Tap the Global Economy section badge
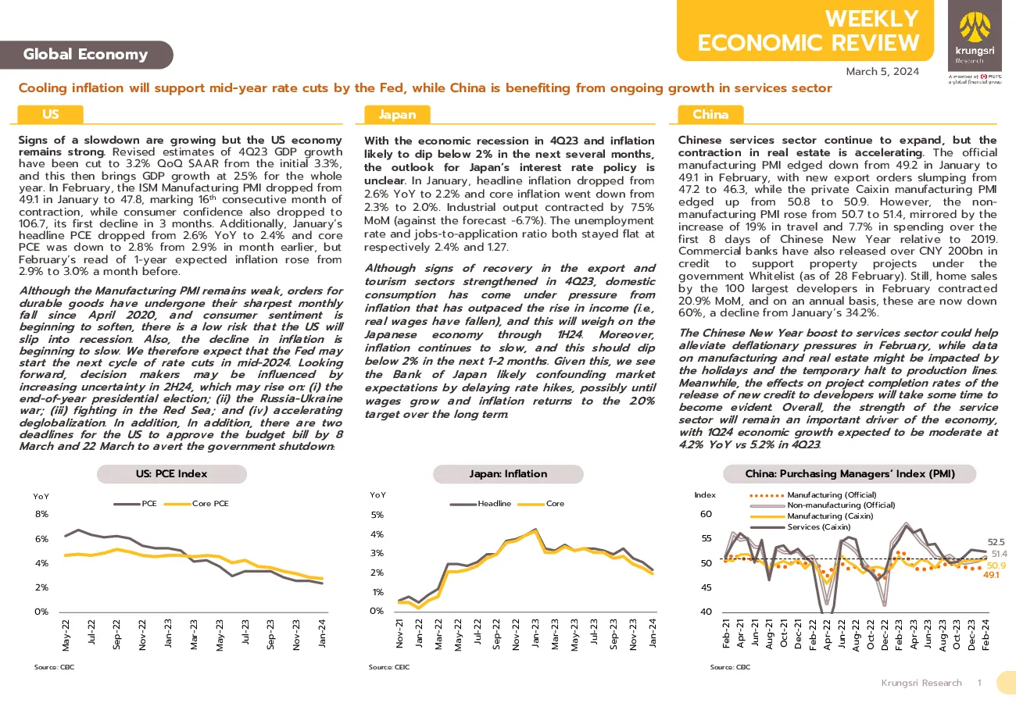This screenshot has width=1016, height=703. pos(86,55)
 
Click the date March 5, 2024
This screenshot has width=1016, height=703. pos(882,72)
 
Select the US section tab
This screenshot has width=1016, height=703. pos(50,114)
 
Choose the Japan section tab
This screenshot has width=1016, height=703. pos(397,115)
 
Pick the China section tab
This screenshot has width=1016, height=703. pos(710,115)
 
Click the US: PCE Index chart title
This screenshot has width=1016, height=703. pos(171,473)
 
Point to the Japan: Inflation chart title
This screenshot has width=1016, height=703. pos(508,473)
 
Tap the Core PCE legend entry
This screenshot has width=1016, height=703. pos(196,504)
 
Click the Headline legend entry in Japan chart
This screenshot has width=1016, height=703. pos(481,504)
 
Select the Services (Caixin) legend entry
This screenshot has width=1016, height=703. pos(800,526)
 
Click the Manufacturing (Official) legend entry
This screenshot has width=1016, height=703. pos(814,495)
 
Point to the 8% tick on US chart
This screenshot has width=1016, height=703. pos(41,514)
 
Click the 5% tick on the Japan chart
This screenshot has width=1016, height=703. pos(377,515)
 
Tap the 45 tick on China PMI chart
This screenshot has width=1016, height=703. pos(707,587)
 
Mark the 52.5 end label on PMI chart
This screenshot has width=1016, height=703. pos(996,542)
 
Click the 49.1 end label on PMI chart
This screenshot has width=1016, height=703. pos(991,575)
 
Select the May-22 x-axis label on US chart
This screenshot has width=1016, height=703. pos(66,635)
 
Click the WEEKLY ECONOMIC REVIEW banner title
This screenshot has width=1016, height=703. pos(808,30)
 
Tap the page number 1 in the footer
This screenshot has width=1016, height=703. pos(980,683)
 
